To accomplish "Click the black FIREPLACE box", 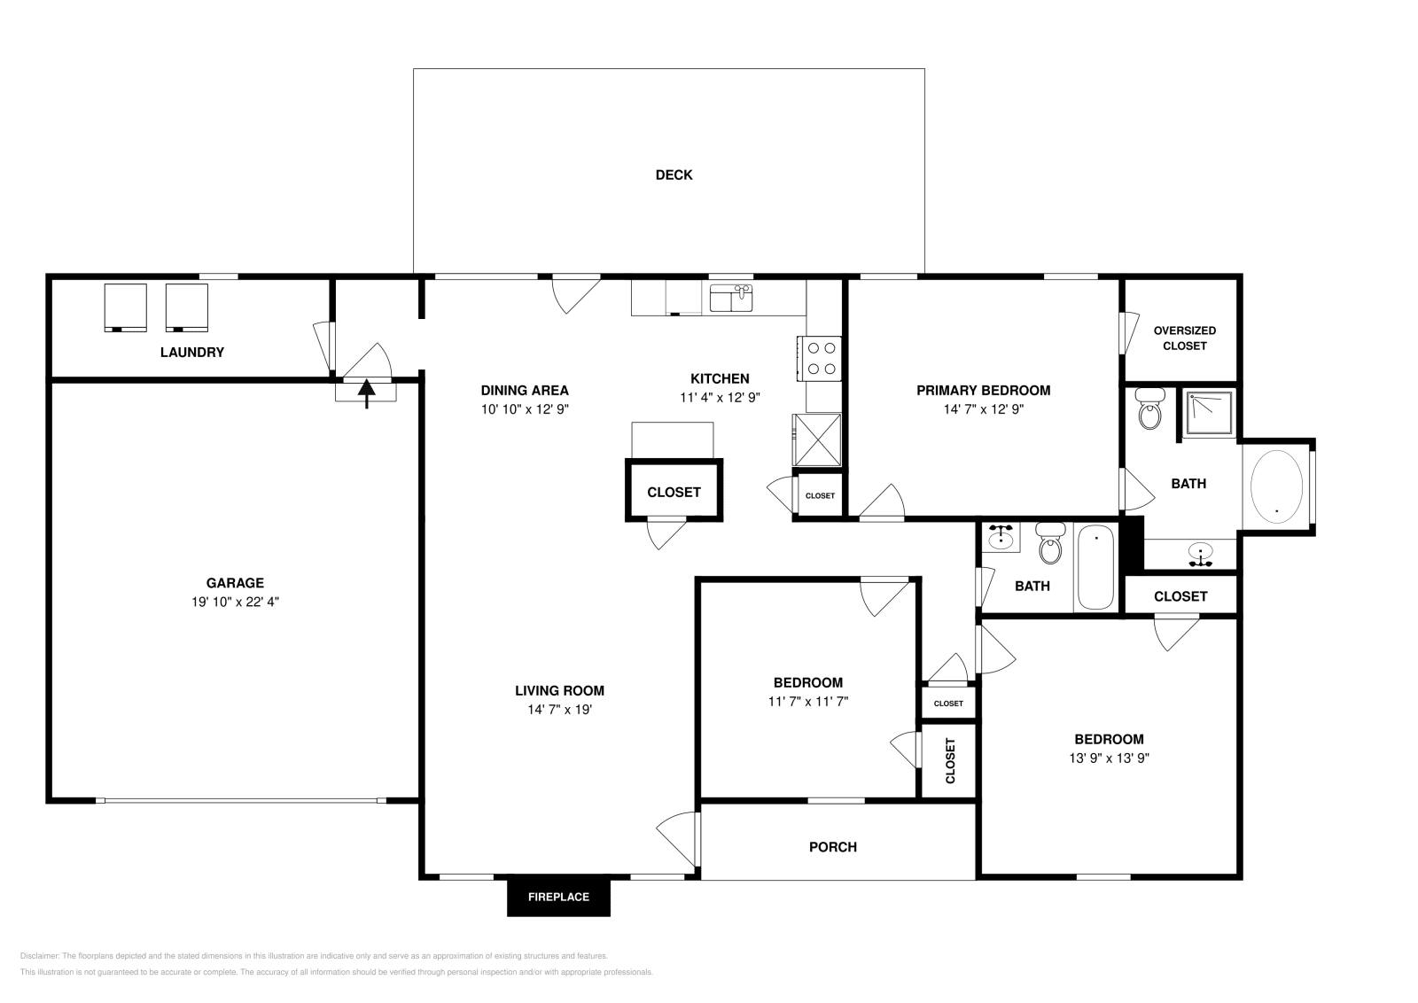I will (558, 897).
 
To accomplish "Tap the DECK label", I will (674, 175).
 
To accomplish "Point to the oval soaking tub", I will (1276, 486).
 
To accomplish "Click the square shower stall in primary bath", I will (1210, 413).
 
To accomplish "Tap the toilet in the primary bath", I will (1149, 410).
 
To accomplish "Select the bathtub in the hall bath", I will (1095, 567).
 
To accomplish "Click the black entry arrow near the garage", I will (366, 391).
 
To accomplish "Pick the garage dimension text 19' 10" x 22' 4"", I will (235, 602).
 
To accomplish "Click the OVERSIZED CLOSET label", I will (1184, 338).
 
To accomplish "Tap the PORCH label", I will (833, 847).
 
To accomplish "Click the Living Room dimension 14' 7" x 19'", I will (559, 710).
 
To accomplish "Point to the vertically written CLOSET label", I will (950, 761).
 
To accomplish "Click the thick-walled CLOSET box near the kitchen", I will (674, 492).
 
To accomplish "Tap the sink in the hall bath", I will (1001, 537).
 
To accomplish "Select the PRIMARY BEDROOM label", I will (983, 390).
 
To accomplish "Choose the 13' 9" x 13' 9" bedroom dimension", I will (1109, 758).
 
